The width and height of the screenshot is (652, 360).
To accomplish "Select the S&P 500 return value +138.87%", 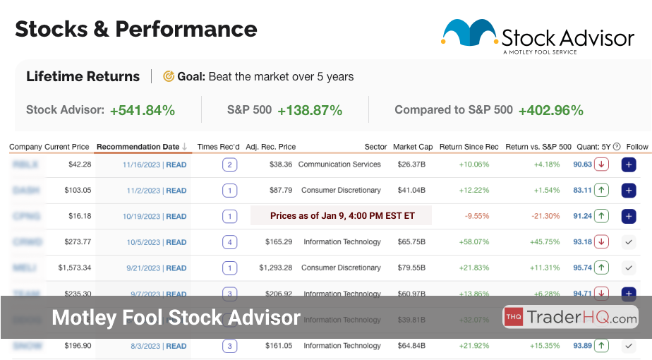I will (x=310, y=110).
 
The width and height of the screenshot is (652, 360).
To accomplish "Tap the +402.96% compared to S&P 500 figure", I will (x=550, y=110).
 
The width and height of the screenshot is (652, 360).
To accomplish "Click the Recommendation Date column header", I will (x=138, y=147).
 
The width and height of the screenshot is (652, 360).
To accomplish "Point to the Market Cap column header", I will (x=413, y=147).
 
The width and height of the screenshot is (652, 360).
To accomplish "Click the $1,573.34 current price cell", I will (x=69, y=268).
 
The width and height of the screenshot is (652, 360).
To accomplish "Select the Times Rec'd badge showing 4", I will (x=229, y=242).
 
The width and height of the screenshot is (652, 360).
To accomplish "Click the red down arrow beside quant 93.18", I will (x=601, y=242).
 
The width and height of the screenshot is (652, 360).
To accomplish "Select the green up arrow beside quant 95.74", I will (x=601, y=268).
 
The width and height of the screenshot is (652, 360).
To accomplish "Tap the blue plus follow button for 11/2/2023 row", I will (x=629, y=191).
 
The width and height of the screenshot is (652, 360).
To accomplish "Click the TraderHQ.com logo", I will (x=570, y=318).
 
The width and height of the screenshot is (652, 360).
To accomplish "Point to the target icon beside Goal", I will (x=169, y=76).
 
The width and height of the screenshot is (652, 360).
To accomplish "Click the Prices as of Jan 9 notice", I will (x=341, y=216).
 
